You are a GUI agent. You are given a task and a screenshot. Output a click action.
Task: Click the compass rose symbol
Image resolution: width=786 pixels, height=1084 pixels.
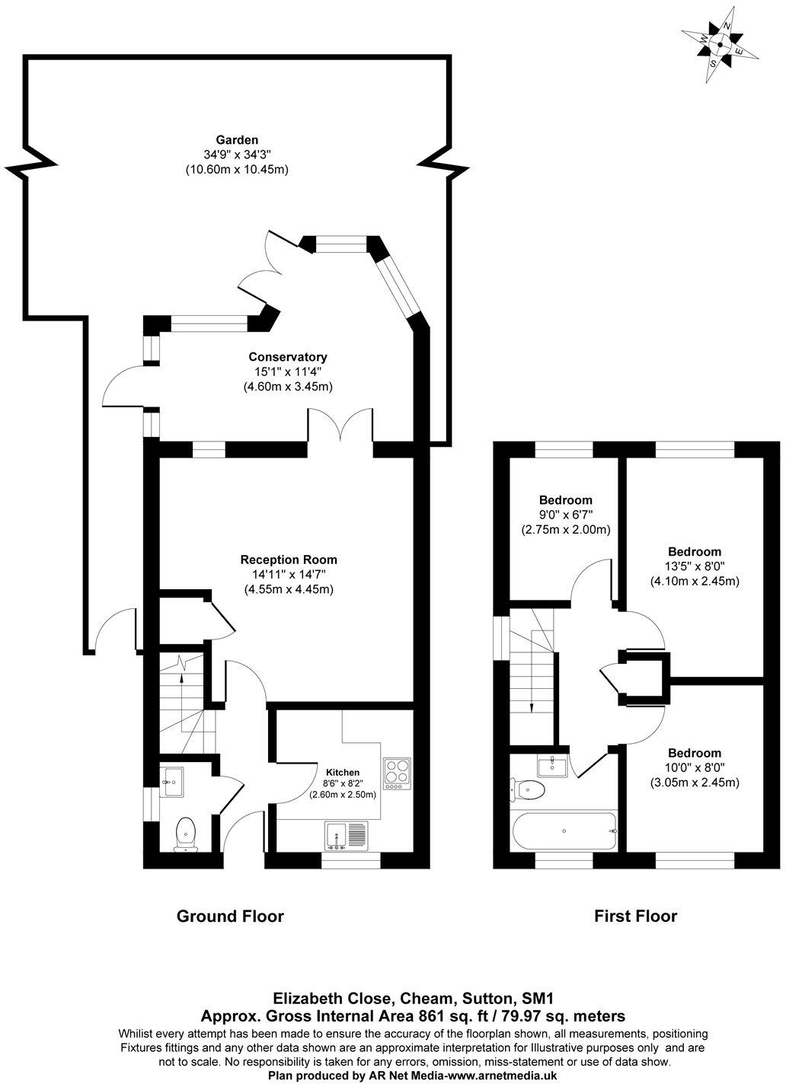tap(720, 45)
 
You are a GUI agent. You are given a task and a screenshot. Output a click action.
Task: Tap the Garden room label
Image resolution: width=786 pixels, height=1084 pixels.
tap(237, 140)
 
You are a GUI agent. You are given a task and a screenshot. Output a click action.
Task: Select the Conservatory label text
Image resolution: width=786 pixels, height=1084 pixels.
tap(288, 357)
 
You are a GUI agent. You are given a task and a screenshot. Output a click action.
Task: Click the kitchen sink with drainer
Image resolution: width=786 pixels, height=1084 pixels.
tap(346, 835)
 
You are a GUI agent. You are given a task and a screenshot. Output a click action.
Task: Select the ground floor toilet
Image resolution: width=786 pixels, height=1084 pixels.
tap(186, 833)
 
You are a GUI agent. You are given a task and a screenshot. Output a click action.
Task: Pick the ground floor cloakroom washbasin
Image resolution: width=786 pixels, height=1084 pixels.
tap(173, 780)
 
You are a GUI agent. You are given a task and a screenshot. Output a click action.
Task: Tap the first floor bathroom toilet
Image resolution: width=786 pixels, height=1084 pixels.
tap(529, 790)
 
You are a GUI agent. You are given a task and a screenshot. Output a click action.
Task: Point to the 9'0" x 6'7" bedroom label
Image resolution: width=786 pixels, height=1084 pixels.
tap(565, 500)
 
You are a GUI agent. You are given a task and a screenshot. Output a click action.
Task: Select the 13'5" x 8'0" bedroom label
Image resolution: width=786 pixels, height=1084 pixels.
tap(694, 552)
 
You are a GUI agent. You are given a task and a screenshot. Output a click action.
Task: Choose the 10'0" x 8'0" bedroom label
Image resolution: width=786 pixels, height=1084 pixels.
tap(694, 753)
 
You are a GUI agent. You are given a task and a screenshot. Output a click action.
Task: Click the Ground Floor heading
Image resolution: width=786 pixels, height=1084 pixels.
tap(230, 916)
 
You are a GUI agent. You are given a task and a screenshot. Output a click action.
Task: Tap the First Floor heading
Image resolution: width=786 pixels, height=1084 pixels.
tap(635, 916)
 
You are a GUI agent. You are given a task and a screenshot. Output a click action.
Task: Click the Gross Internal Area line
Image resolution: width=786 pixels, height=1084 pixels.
tap(413, 1015)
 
